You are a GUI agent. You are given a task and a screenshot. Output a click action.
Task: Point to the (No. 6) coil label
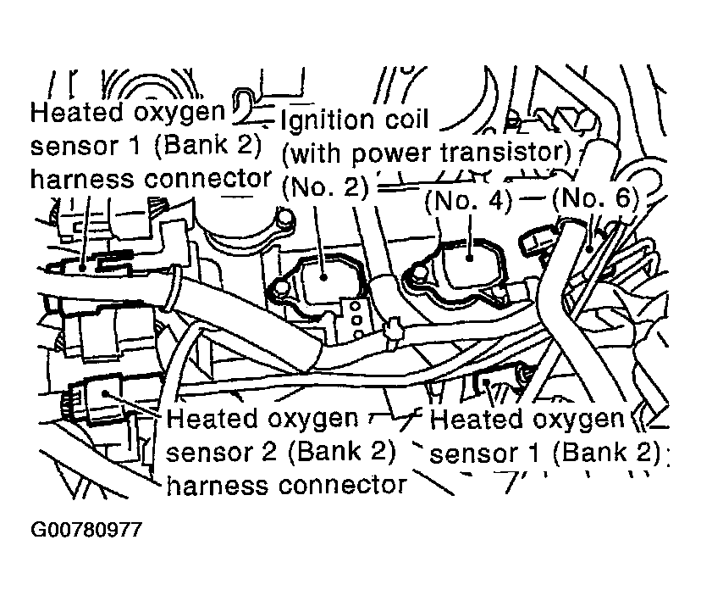coord(593,202)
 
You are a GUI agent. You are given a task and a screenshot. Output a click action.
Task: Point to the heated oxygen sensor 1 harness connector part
coord(85,265)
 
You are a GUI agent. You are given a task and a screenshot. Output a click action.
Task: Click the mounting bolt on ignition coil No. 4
coord(417,275)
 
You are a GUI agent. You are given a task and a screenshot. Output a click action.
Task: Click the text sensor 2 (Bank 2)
coord(281,452)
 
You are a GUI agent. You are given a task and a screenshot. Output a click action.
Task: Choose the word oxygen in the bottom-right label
coord(580,419)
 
